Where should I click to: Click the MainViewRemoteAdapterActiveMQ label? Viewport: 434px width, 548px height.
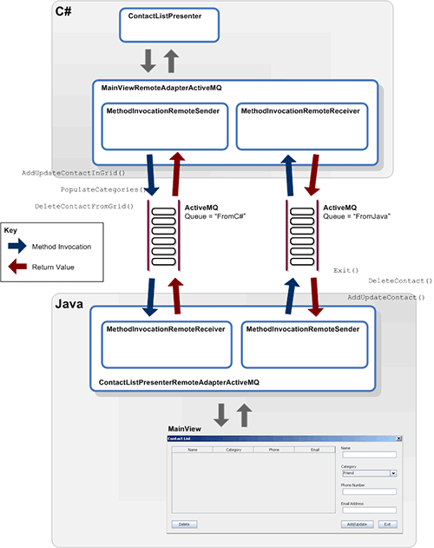click(161, 89)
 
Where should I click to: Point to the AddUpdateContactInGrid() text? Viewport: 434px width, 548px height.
click(80, 173)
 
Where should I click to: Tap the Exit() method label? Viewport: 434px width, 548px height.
click(346, 271)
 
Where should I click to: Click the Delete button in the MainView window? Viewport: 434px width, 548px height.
click(184, 525)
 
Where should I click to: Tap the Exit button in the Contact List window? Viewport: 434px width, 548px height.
click(386, 525)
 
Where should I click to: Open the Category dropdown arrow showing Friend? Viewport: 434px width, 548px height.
click(393, 473)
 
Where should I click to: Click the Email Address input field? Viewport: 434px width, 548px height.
click(368, 510)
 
